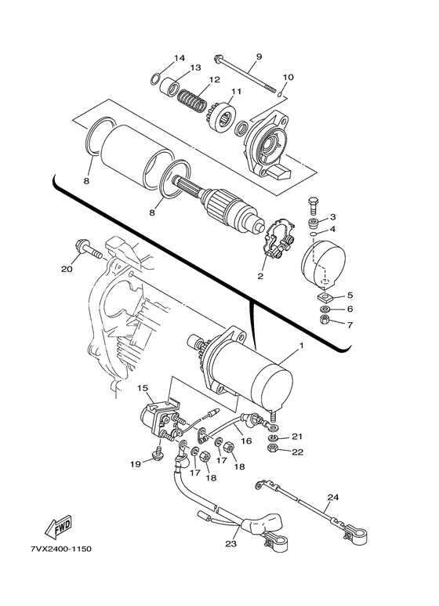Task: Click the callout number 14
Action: (x=180, y=58)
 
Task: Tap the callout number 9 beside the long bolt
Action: (x=259, y=57)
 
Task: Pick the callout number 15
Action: (x=143, y=387)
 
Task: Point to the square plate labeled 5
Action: (x=324, y=296)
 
